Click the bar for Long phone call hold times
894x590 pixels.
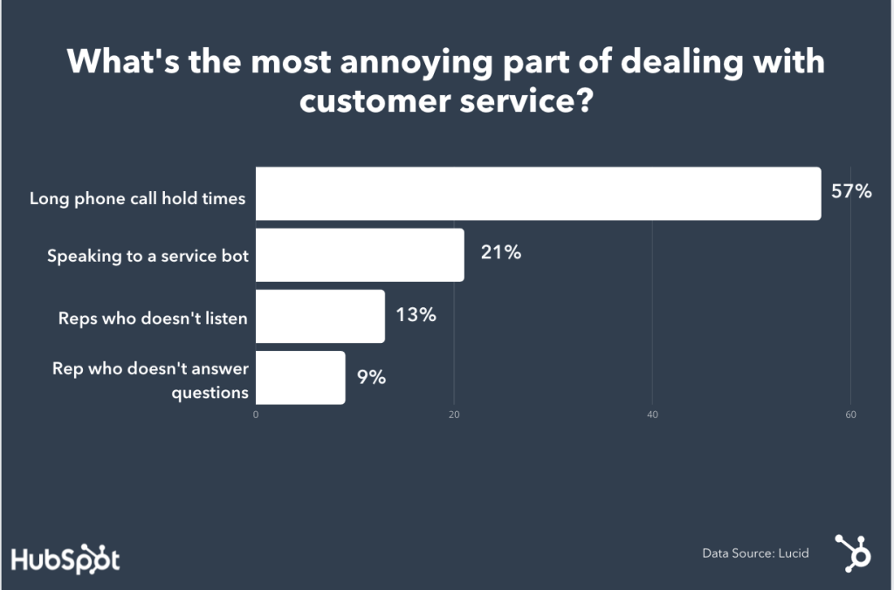coord(538,194)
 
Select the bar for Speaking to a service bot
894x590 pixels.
coord(360,255)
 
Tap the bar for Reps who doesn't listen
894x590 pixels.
coord(320,316)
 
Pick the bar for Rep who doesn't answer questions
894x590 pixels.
coord(300,378)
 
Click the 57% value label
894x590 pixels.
coord(851,192)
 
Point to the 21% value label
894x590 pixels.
coord(500,253)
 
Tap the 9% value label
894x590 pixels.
coord(371,377)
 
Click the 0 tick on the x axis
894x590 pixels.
coord(256,415)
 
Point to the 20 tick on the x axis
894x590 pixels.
coord(454,415)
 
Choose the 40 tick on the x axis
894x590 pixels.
coord(652,415)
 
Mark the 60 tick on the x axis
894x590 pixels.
coord(850,415)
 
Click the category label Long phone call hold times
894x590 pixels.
coord(137,198)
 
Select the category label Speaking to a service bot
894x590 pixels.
coord(147,257)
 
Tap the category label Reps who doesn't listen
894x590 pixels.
coord(153,319)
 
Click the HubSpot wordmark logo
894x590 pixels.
coord(65,559)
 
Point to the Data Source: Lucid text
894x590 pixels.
coord(755,553)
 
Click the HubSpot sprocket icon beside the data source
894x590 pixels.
coord(851,552)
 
